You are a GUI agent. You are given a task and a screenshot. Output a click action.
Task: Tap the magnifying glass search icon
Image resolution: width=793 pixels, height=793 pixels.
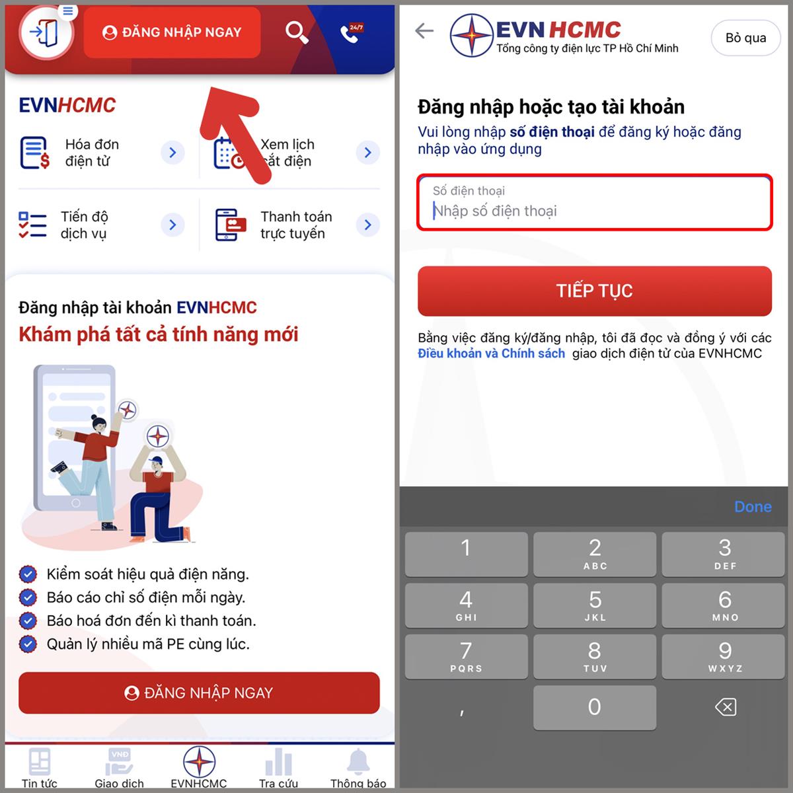point(297,32)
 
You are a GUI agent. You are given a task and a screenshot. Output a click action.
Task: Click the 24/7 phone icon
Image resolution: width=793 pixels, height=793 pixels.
point(351,33)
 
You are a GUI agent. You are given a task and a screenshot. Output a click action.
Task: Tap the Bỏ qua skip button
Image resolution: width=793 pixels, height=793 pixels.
point(745,38)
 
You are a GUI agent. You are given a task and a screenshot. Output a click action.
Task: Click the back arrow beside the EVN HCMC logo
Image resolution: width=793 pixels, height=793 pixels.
point(424,30)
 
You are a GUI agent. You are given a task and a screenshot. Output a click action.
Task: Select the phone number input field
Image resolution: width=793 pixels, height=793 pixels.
point(594,202)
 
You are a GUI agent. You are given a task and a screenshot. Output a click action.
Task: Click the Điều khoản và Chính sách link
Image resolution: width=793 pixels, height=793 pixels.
point(491,354)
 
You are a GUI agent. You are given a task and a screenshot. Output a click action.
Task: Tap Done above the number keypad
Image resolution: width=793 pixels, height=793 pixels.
point(753,507)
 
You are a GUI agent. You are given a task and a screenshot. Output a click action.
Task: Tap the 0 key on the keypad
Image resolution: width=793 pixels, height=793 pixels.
point(594,707)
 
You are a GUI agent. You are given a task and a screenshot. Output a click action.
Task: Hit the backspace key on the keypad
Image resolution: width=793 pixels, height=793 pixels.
point(725,707)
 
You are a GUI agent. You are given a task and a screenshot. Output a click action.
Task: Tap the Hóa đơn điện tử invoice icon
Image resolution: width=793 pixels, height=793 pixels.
point(34,153)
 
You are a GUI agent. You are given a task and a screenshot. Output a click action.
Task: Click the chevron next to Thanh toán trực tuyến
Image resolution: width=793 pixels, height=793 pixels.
point(367,225)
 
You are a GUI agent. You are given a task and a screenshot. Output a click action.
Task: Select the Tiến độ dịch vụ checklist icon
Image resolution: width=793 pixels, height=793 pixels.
point(32,225)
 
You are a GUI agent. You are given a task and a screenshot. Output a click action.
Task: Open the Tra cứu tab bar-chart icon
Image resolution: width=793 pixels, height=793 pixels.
point(279,761)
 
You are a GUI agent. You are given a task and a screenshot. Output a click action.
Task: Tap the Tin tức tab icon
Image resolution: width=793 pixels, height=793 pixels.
point(40,761)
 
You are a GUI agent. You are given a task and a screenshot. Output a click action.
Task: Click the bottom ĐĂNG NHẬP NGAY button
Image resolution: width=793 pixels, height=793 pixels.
point(199,693)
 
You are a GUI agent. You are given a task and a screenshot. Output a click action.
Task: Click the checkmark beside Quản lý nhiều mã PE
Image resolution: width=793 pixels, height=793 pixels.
point(28,644)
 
